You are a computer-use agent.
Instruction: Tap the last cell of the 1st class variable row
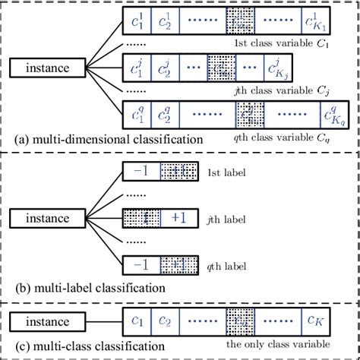pyautogui.click(x=313, y=23)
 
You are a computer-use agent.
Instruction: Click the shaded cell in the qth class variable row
pyautogui.click(x=248, y=116)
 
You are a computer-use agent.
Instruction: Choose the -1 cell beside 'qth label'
pyautogui.click(x=141, y=265)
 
